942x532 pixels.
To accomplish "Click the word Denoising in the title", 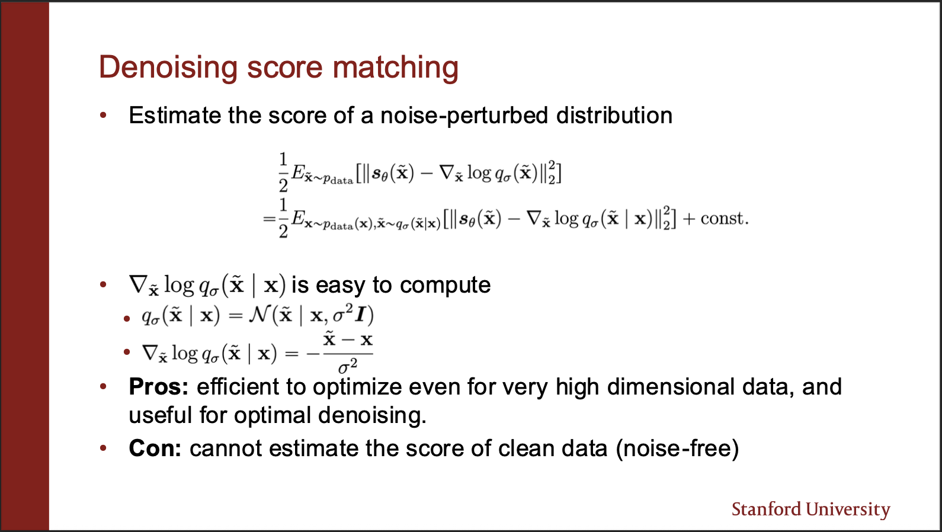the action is (168, 68).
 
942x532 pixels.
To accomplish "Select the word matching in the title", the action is (395, 68).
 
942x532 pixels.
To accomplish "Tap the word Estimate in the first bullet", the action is (175, 116).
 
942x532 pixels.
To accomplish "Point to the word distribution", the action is (614, 116).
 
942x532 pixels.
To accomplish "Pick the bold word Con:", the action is (155, 448).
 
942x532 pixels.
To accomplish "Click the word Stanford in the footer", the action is (766, 509).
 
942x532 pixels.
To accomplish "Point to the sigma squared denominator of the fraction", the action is (347, 366).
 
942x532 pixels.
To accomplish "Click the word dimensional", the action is (671, 386).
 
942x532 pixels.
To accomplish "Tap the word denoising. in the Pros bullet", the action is (372, 416).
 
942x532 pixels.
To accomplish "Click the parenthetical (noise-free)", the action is (678, 448).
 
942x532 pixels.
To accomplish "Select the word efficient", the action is (238, 386).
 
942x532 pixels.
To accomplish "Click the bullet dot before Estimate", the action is (104, 115).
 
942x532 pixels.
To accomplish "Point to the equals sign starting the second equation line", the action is (269, 219).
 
